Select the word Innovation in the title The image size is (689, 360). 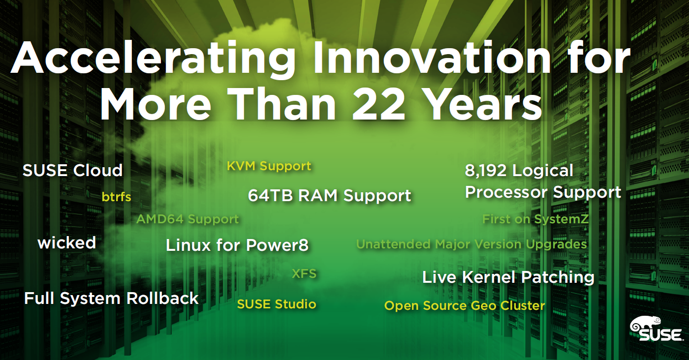[433, 57]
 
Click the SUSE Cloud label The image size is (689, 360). [73, 170]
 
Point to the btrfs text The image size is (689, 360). [116, 197]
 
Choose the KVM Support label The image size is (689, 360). [269, 166]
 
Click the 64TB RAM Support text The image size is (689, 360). [329, 196]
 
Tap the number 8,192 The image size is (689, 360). [485, 171]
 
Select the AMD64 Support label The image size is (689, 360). [188, 219]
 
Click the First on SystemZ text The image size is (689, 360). [535, 219]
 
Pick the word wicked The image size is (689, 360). [67, 243]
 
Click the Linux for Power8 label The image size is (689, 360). [237, 245]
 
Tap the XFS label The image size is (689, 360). [304, 273]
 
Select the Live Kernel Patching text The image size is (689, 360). [508, 277]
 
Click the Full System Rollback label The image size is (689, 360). [111, 299]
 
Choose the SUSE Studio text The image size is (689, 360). [277, 304]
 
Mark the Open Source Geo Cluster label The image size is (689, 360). [465, 306]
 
